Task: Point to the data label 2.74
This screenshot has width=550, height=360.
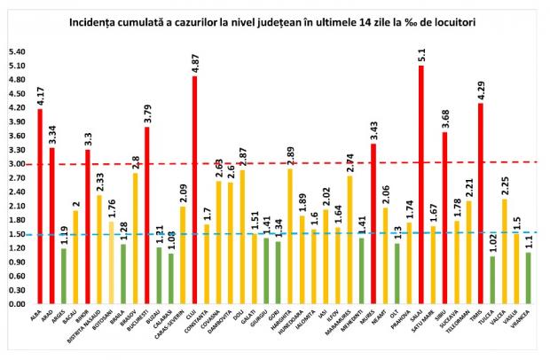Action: coord(350,163)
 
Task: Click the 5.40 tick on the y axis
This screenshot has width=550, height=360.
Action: coord(16,51)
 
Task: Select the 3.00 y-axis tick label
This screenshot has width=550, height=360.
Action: coord(16,164)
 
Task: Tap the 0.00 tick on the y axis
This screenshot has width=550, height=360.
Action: coord(16,304)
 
